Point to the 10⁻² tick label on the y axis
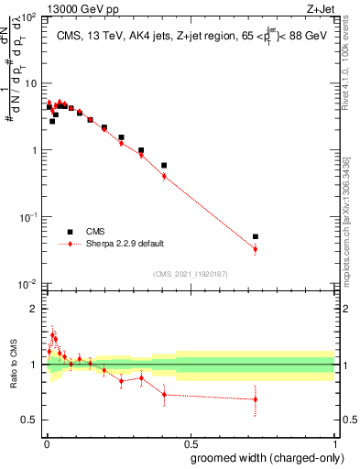tap(28, 284)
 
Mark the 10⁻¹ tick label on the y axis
tap(28, 217)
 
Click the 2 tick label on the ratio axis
tap(35, 309)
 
